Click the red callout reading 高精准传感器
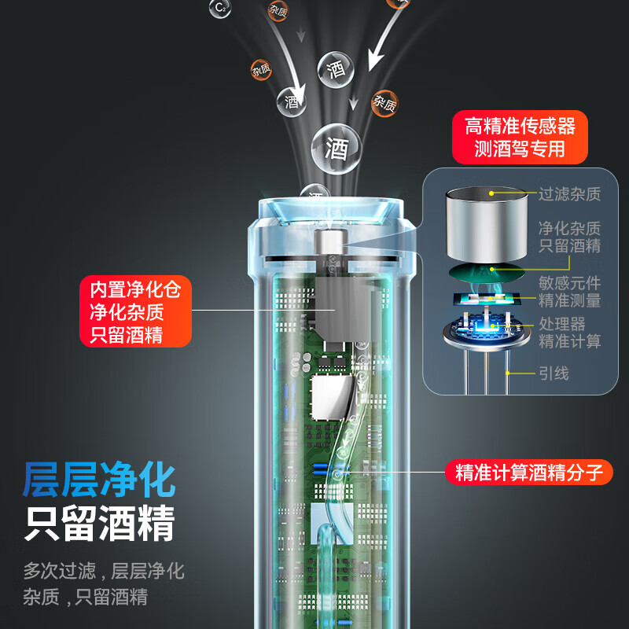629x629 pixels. point(520,138)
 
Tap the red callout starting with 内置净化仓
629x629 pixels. point(135,311)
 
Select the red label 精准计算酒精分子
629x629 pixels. point(529,473)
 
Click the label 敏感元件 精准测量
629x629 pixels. point(569,291)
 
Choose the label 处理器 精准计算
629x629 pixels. point(569,332)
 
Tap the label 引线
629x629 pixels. point(554,373)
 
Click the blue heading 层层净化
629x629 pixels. point(99,480)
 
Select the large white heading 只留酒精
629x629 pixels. point(99,524)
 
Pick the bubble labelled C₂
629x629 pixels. point(220,9)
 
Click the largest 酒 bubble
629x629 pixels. point(336,148)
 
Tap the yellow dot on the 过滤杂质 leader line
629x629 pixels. point(492,193)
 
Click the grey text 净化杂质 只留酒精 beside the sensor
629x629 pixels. point(569,237)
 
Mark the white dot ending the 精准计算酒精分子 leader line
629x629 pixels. point(340,473)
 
